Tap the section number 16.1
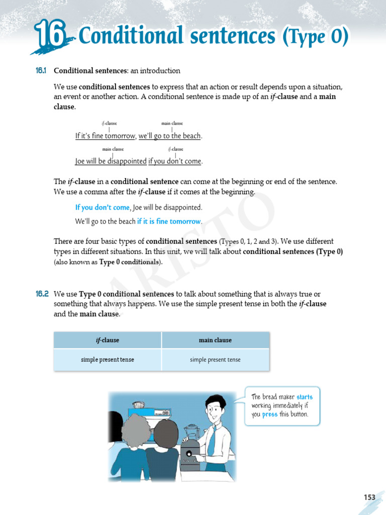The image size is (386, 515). coord(41,71)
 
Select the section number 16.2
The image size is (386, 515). coord(41,294)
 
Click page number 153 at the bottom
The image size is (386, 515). coord(369,497)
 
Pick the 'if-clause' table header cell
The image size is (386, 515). coord(108,340)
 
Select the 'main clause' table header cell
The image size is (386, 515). coord(215,340)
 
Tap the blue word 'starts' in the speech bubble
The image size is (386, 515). coord(305,397)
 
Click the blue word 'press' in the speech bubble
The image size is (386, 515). coord(269,415)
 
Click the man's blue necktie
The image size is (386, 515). coord(212,437)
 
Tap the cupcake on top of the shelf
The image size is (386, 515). coord(139,404)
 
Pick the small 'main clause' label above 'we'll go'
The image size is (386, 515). coord(172,123)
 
